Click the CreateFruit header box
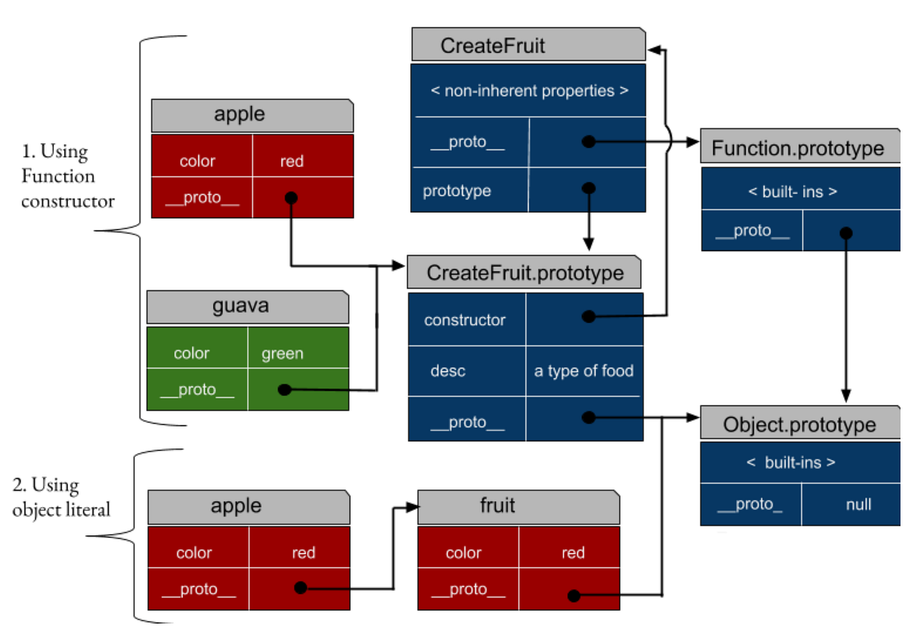[528, 45]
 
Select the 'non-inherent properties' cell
[528, 90]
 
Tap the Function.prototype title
[799, 148]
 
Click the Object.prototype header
[799, 425]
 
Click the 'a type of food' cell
[583, 371]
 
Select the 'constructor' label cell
[465, 320]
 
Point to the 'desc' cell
[449, 371]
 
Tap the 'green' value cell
[283, 353]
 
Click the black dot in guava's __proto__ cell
[285, 390]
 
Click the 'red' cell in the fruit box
[573, 552]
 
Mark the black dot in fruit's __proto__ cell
[574, 595]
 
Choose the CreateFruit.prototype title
[525, 273]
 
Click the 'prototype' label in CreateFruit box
[457, 190]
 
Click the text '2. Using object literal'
[61, 497]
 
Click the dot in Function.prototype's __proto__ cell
[846, 233]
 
